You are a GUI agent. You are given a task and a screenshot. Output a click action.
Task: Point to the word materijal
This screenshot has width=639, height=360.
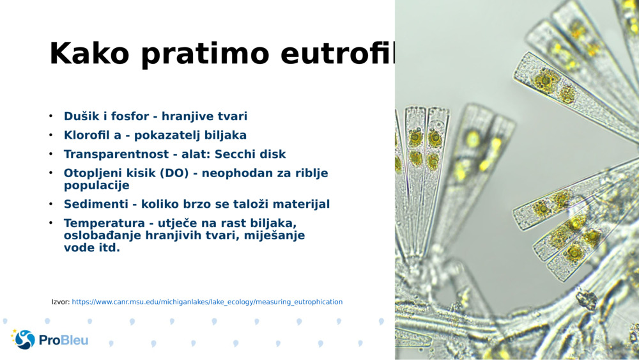[300, 205]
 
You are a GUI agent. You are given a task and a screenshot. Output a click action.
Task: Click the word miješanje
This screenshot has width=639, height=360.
[274, 235]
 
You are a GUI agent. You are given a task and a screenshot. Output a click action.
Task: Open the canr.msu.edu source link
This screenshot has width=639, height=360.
[207, 302]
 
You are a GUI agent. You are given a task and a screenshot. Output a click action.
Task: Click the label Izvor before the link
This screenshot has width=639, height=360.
[60, 302]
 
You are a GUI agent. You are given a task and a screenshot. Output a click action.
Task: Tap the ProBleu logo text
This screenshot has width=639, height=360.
[64, 340]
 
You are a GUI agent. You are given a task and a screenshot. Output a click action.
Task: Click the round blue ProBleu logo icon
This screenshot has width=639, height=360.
[25, 340]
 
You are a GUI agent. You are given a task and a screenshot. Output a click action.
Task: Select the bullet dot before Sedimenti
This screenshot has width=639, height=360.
[50, 205]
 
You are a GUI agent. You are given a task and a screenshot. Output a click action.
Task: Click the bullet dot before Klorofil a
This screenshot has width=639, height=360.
[50, 136]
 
